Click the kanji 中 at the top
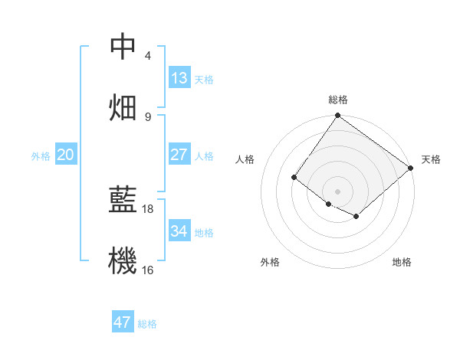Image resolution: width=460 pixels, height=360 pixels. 123,47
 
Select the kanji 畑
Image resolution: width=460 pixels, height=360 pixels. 123,106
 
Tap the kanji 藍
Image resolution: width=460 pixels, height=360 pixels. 123,200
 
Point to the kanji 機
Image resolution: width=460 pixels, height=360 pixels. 123,260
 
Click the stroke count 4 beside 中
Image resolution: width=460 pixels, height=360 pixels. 148,56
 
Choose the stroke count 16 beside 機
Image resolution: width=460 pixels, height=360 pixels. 148,269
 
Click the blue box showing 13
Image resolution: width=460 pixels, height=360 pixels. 179,78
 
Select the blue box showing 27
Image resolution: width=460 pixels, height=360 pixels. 179,155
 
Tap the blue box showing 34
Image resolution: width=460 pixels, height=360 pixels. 179,231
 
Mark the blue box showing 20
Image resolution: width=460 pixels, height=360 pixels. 66,155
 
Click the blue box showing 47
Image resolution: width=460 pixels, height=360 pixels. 123,322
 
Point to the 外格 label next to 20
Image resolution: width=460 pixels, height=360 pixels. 41,156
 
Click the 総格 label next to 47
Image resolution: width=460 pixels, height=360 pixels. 147,324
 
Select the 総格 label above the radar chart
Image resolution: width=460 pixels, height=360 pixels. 338,100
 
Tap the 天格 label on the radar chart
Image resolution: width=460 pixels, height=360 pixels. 431,159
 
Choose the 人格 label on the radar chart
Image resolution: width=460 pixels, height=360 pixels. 246,159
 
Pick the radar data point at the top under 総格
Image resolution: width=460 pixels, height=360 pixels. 337,116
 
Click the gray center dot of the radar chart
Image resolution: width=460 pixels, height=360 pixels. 337,191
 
